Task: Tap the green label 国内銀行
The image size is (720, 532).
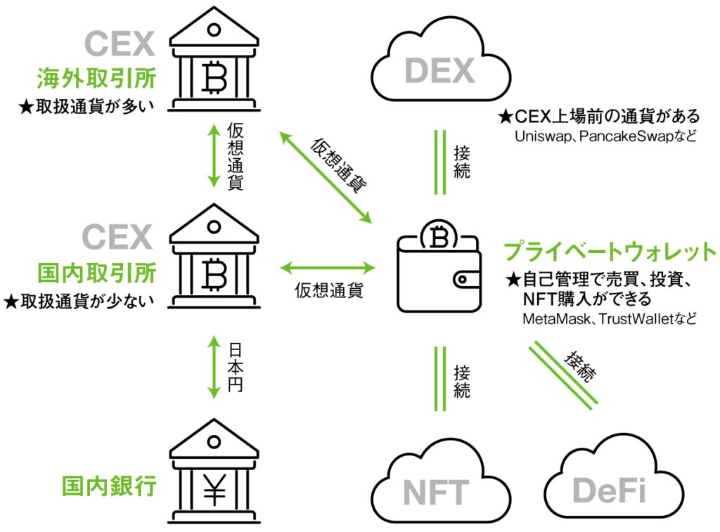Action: pyautogui.click(x=108, y=486)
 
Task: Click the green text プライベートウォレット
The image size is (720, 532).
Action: pyautogui.click(x=610, y=252)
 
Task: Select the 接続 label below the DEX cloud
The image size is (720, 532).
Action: pyautogui.click(x=461, y=161)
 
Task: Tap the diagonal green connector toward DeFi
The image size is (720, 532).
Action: pyautogui.click(x=563, y=373)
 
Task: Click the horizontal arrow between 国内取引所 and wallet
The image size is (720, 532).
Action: pyautogui.click(x=328, y=267)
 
